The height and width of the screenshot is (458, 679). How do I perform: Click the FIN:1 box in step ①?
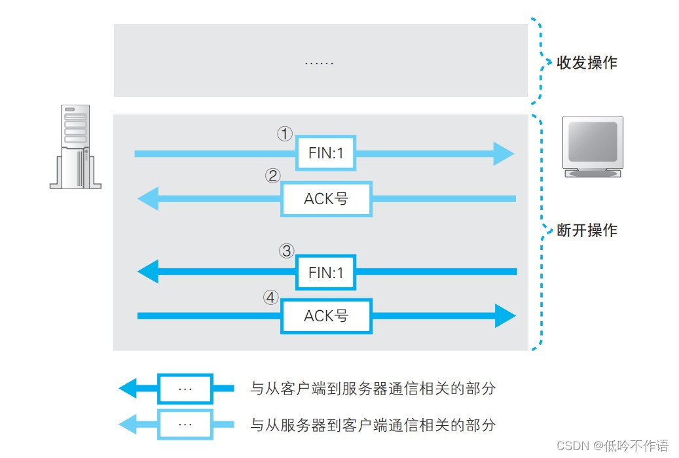coord(325,154)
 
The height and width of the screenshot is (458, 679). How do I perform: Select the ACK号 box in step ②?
coord(326,199)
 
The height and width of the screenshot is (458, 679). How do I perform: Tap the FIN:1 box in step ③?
coord(325,272)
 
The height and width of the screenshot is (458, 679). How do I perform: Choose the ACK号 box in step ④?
coord(326,316)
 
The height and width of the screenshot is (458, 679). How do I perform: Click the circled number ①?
coord(284,134)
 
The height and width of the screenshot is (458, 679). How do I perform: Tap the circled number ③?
coord(285,251)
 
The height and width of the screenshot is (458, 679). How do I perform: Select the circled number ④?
coord(271,297)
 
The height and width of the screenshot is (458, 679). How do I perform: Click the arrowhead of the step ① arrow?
coord(504,154)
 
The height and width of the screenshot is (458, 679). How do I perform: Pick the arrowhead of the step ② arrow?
coord(148,199)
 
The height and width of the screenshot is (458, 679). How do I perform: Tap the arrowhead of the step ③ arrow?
coord(148,272)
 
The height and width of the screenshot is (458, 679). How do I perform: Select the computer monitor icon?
coord(593,147)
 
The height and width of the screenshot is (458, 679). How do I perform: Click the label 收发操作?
coord(586,63)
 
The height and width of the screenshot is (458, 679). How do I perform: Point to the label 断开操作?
coord(586,230)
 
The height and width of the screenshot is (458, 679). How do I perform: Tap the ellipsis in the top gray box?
coord(320,63)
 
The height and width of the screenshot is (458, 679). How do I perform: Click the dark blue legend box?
coord(185,389)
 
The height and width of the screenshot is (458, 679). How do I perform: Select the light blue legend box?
coord(185,424)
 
